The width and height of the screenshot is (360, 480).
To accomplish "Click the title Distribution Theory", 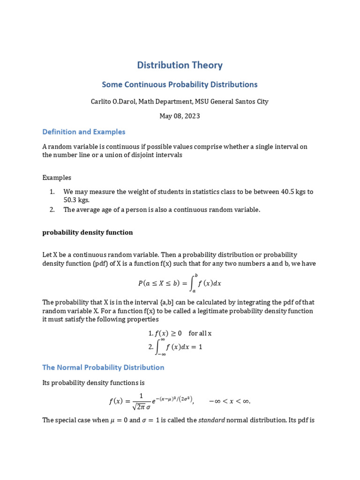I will point(180,65).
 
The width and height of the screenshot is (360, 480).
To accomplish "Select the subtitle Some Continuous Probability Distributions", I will point(180,85).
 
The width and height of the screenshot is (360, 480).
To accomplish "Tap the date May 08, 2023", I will point(180,116).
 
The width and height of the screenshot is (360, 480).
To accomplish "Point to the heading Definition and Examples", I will point(84,132).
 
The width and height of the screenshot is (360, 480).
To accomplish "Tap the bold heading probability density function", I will point(88,232).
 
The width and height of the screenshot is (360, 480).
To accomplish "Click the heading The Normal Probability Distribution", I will point(103,367).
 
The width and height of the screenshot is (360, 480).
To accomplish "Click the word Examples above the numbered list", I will point(57,178).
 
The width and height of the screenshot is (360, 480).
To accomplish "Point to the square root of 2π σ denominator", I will point(141,405).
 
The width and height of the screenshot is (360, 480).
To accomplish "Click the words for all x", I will point(200,333).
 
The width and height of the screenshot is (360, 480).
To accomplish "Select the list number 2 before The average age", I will point(52,210).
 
